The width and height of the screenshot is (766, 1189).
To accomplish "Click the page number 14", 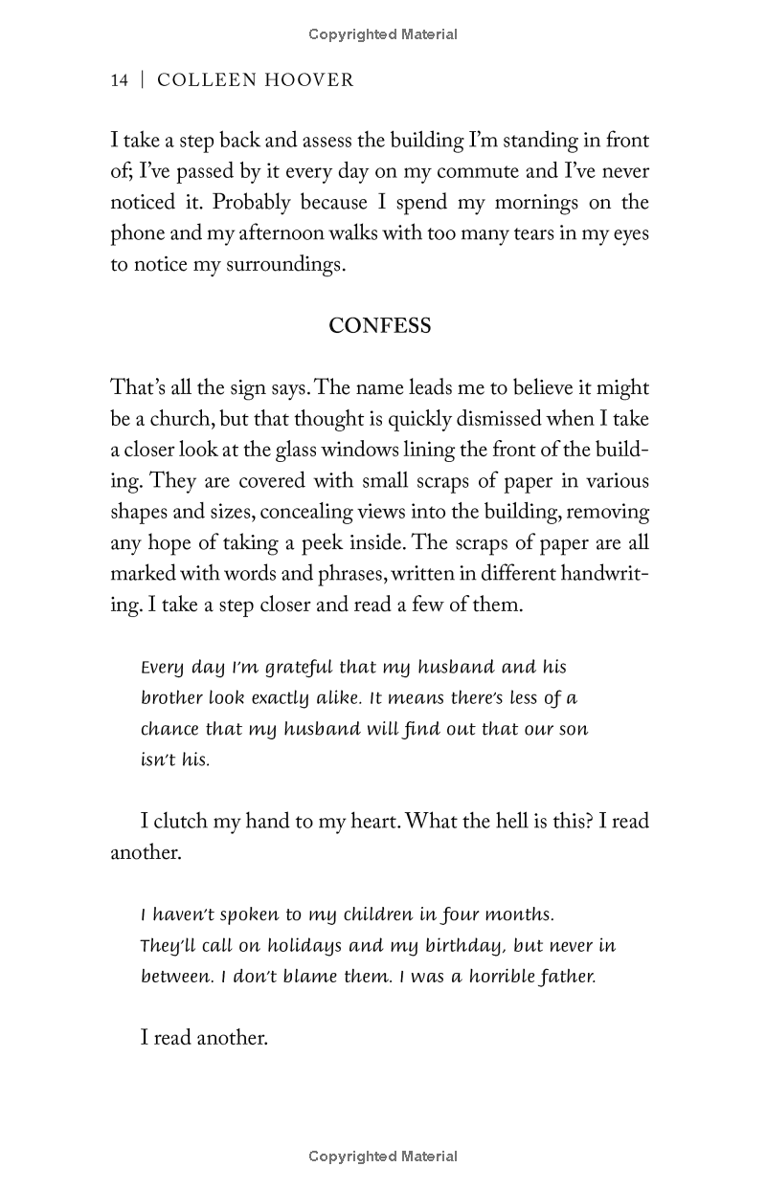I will point(119,80).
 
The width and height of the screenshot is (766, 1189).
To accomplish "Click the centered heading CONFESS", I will point(380,326).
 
